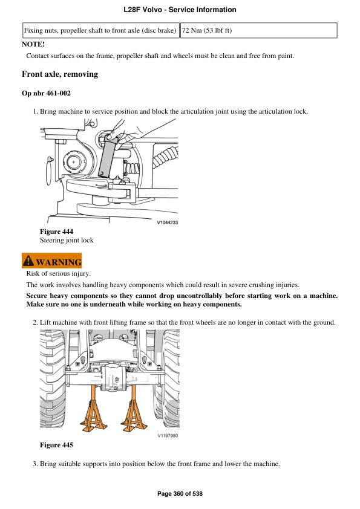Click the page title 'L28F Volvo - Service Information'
(x=180, y=10)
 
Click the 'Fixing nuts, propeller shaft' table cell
(x=100, y=30)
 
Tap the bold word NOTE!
(x=33, y=44)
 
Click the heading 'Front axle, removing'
(x=60, y=74)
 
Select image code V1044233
(x=167, y=222)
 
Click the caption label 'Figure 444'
(x=56, y=232)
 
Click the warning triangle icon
(x=28, y=262)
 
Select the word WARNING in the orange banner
(x=58, y=262)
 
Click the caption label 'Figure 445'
(x=56, y=445)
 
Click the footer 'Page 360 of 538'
(x=180, y=494)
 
